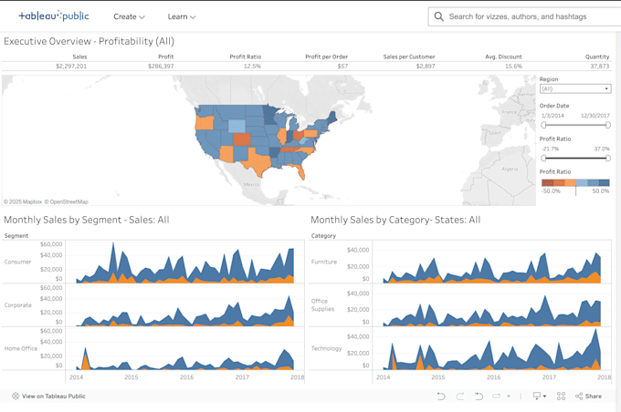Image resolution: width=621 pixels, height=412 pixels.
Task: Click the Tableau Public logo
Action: (54, 15)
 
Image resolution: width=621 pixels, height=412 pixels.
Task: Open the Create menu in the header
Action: (129, 16)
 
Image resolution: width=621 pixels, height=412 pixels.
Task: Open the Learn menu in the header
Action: (181, 16)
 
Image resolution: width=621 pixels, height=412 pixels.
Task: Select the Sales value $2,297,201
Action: (70, 67)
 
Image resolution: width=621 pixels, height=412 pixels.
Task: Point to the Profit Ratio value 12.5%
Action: (252, 67)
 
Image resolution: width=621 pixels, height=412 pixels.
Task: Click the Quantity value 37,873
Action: (599, 67)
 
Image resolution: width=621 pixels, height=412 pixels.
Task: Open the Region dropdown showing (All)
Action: (574, 88)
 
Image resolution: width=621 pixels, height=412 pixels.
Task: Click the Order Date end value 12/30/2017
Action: (595, 115)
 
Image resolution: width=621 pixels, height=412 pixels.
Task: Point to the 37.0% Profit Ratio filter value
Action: (601, 149)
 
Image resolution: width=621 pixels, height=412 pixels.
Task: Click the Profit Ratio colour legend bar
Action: (574, 182)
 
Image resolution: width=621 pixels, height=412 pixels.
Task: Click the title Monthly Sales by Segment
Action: (87, 220)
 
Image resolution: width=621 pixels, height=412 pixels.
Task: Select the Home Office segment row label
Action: (21, 348)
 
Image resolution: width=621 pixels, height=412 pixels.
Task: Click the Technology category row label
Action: (326, 348)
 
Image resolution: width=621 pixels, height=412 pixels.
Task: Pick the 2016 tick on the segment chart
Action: (186, 376)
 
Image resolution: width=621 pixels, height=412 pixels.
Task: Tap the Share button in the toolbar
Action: (589, 397)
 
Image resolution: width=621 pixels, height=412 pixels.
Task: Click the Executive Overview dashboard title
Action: (89, 41)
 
